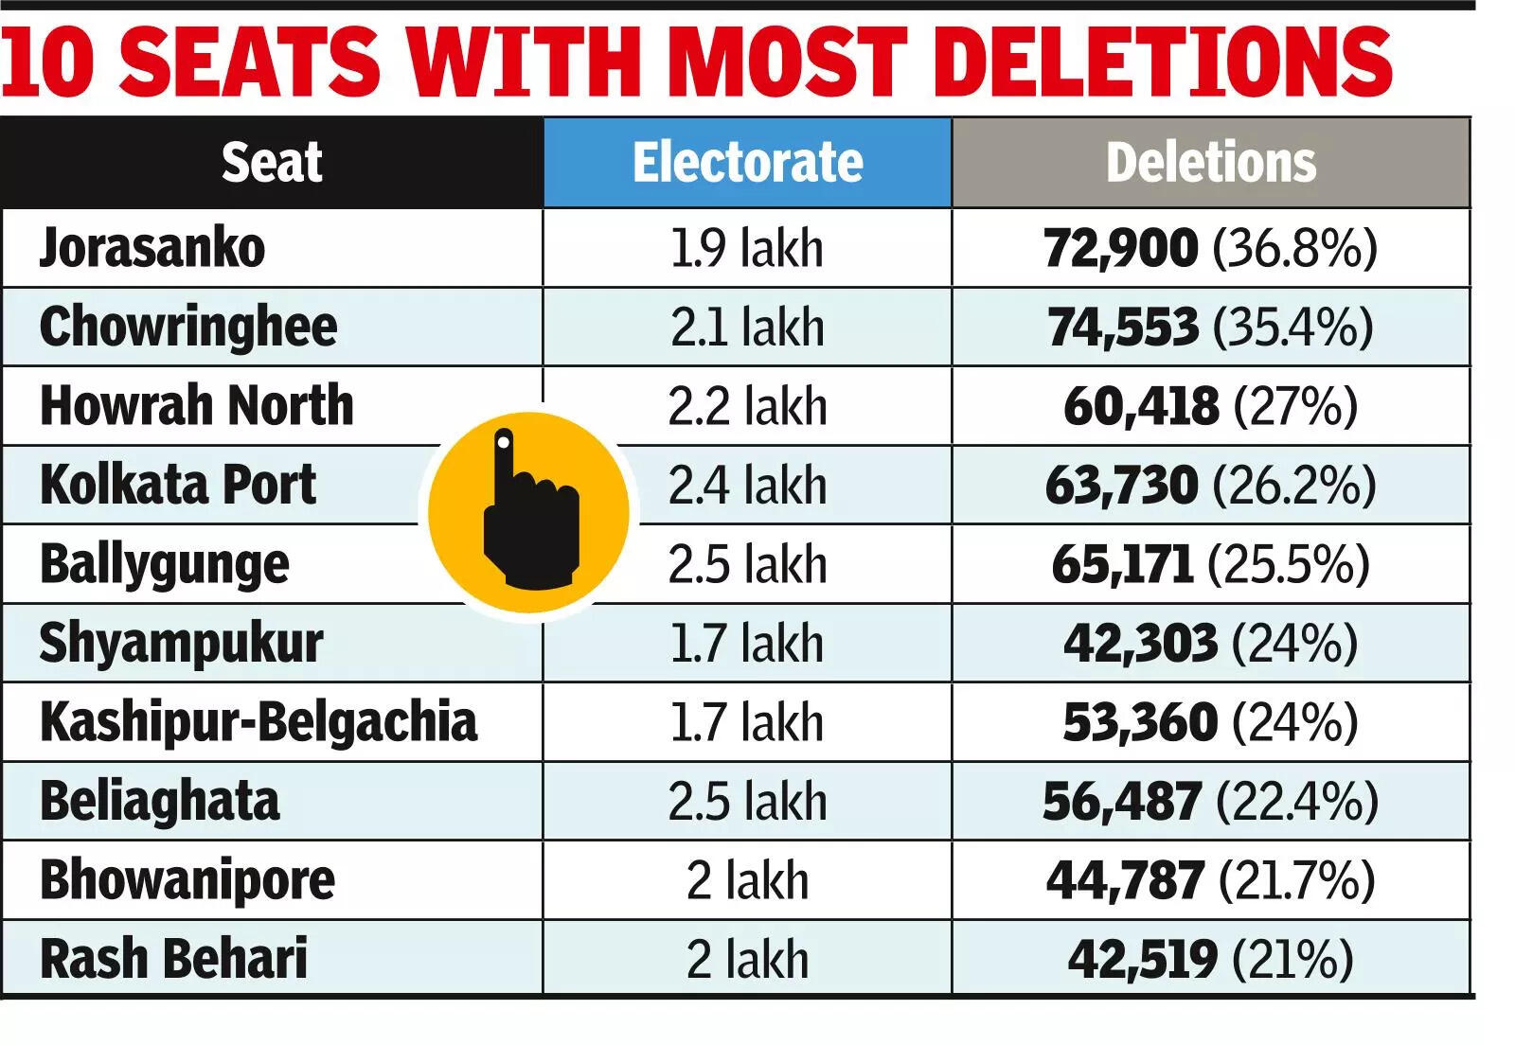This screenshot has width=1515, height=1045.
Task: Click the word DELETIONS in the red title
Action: pyautogui.click(x=1168, y=61)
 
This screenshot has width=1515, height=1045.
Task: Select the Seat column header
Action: pyautogui.click(x=272, y=163)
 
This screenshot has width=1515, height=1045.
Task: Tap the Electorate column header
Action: pyautogui.click(x=747, y=163)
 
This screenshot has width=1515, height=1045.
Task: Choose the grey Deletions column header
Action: pyautogui.click(x=1211, y=163)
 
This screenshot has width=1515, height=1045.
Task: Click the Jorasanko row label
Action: pyautogui.click(x=152, y=248)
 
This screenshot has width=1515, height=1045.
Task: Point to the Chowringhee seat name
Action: pyautogui.click(x=188, y=328)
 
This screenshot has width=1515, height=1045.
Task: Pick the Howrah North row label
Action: pyautogui.click(x=197, y=406)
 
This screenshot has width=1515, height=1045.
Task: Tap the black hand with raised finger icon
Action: pyautogui.click(x=528, y=512)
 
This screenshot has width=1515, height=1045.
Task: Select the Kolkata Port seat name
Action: pyautogui.click(x=178, y=485)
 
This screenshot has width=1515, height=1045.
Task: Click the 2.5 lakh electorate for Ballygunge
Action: pyautogui.click(x=747, y=565)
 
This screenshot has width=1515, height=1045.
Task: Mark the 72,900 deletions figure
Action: pyautogui.click(x=1120, y=248)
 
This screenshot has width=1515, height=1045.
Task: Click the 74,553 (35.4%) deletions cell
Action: pyautogui.click(x=1211, y=328)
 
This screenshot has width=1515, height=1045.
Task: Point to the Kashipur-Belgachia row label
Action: pyautogui.click(x=258, y=722)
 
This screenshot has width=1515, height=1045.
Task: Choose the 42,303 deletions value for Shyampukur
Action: pyautogui.click(x=1140, y=644)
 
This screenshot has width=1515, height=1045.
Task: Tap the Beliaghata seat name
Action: pyautogui.click(x=160, y=802)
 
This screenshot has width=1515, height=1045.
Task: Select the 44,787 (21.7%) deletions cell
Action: pyautogui.click(x=1211, y=880)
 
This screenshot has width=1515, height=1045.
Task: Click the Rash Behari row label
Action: pyautogui.click(x=174, y=959)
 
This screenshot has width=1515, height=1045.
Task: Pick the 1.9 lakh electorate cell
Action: pyautogui.click(x=747, y=248)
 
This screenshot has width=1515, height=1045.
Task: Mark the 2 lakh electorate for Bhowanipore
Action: pyautogui.click(x=747, y=880)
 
